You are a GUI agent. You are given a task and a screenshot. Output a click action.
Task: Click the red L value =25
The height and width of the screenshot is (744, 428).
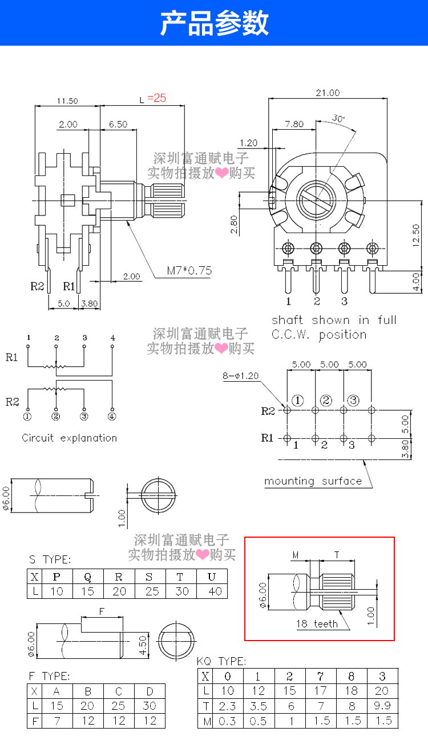156,98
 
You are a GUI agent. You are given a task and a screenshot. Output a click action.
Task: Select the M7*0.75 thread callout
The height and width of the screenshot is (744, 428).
189,270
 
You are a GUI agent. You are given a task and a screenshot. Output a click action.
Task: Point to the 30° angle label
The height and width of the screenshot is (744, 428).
338,118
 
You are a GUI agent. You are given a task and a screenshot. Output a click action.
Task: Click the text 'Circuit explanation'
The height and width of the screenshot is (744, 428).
69,438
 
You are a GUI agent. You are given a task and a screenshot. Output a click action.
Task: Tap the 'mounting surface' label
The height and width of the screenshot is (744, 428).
313,481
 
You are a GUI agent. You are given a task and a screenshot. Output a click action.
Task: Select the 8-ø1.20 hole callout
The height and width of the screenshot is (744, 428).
240,375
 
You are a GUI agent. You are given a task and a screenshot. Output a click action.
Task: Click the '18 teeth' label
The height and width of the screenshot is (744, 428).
317,623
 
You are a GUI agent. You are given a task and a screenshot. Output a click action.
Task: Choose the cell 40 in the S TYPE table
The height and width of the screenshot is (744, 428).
215,591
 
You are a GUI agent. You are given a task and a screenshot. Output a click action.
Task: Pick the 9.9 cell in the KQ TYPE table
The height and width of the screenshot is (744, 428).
382,706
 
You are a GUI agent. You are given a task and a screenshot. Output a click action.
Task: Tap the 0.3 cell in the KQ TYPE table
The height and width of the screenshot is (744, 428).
227,721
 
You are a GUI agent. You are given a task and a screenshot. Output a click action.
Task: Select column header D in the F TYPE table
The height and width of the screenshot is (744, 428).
150,691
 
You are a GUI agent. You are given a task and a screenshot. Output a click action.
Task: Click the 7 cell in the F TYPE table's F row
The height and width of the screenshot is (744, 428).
57,721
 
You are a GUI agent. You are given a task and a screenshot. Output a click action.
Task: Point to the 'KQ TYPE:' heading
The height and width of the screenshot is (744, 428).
221,661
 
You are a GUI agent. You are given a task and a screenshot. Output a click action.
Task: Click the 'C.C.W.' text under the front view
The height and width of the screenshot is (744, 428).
291,335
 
